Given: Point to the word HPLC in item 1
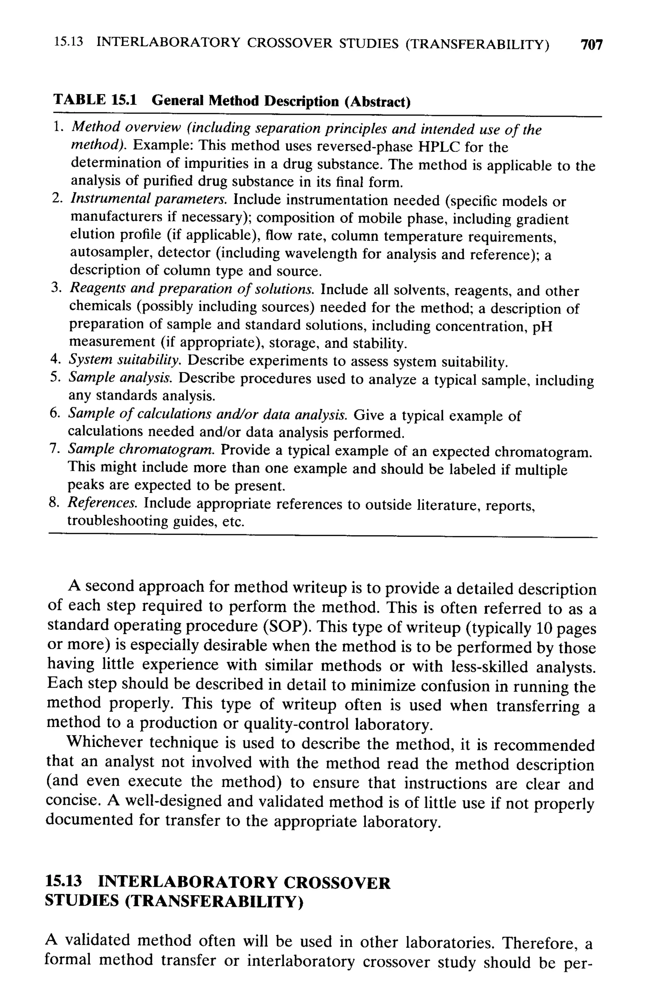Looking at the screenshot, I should tap(439, 147).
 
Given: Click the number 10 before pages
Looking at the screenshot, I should tap(544, 628).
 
